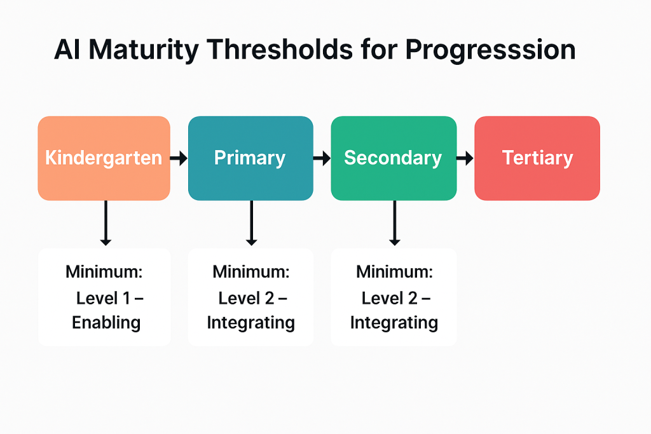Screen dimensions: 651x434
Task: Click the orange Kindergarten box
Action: [x=104, y=158]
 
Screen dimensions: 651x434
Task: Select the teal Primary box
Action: [x=250, y=158]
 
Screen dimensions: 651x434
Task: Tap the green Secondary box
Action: [x=394, y=158]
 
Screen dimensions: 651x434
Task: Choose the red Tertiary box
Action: [x=537, y=158]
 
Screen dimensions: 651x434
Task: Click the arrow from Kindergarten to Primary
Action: [x=179, y=158]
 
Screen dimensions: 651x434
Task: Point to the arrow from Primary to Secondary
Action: [x=322, y=158]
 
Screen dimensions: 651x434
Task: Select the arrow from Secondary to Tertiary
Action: [x=465, y=158]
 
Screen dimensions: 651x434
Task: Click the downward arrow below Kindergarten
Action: [x=106, y=223]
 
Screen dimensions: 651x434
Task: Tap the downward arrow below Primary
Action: [x=251, y=223]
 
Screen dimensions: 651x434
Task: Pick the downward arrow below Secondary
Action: [x=394, y=223]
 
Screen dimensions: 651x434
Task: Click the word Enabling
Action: [x=106, y=323]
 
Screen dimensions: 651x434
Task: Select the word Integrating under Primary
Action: [x=250, y=323]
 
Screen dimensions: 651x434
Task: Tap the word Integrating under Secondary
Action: [x=394, y=323]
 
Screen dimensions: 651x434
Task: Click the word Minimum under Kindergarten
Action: [x=104, y=272]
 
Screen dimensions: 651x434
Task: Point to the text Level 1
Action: [x=104, y=298]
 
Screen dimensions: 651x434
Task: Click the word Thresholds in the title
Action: [x=280, y=50]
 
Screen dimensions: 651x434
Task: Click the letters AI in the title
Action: [x=67, y=50]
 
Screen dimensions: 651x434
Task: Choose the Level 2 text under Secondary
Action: [x=390, y=298]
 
